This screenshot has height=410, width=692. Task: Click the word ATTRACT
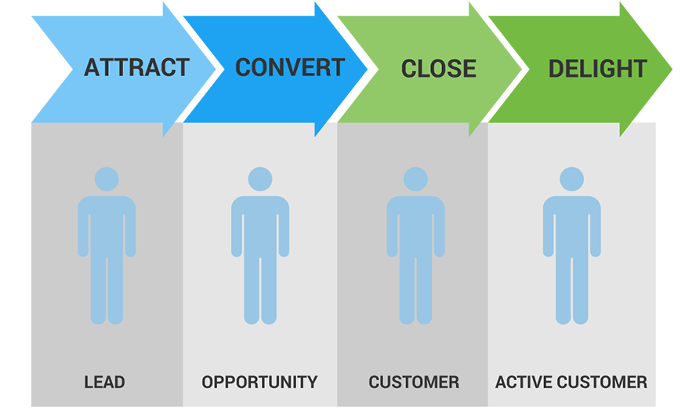point(136,67)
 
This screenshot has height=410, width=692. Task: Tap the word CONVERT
point(290,67)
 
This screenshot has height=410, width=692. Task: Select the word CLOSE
point(438,69)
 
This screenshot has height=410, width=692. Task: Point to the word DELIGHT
point(597,69)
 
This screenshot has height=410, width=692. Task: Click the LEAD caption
point(104,383)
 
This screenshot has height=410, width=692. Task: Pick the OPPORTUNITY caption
point(259,383)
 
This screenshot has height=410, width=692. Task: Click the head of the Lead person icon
point(107,180)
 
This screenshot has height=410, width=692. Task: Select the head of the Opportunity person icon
point(260,180)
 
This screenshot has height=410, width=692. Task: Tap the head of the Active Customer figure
point(572,180)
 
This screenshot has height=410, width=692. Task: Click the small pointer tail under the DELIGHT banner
point(625,129)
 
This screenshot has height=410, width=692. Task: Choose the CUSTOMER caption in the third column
point(414,383)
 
